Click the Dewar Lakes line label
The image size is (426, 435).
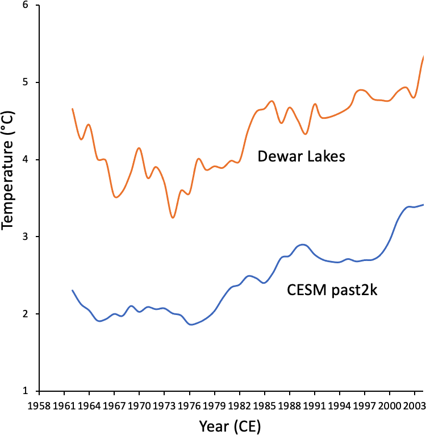coord(301,156)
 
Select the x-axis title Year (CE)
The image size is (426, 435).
coord(230,425)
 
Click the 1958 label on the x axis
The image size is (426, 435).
coord(39,406)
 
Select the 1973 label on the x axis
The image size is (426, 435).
coord(165,406)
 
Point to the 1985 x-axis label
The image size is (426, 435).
coord(265,406)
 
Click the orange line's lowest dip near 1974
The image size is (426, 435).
coord(173,217)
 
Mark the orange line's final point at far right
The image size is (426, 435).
coord(423,56)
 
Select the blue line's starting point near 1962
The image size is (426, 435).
coord(73,291)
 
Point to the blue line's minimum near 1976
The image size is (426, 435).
coord(191,325)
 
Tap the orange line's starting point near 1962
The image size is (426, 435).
coord(73,109)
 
